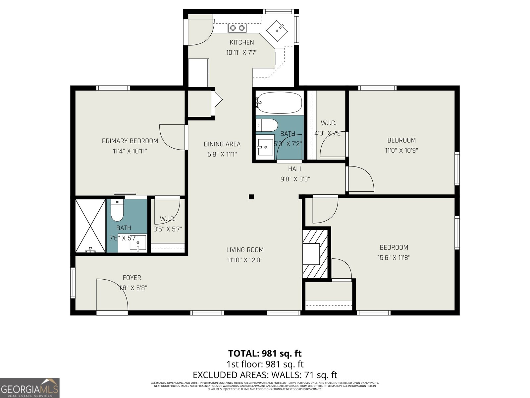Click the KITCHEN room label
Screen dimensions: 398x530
click(x=242, y=42)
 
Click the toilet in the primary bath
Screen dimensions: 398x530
click(x=117, y=211)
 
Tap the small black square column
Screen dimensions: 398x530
click(x=251, y=197)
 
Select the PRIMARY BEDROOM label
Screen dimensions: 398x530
click(x=130, y=141)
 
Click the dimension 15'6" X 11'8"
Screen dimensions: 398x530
click(x=394, y=257)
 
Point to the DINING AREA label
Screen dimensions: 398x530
click(x=222, y=144)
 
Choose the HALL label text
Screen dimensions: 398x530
click(x=295, y=169)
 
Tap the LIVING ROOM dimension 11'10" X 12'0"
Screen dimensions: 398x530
click(x=245, y=260)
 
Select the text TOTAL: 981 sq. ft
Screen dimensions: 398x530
click(x=265, y=353)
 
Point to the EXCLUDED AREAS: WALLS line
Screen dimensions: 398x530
click(x=265, y=375)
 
